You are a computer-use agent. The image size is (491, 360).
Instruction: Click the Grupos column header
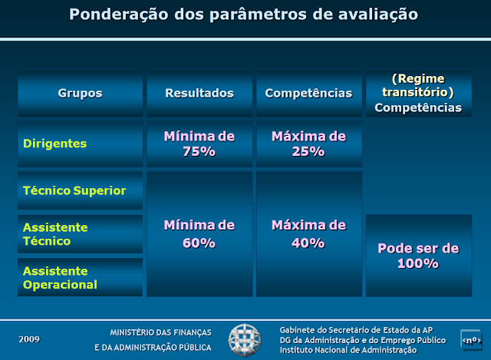point(80,94)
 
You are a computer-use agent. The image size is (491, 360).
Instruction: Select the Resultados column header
point(199,94)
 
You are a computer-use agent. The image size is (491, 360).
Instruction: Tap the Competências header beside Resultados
point(308,94)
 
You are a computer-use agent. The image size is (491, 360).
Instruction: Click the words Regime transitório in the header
point(418,85)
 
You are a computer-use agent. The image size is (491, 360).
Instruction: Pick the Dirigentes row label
point(55,144)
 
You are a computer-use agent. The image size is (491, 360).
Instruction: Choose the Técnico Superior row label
point(74,190)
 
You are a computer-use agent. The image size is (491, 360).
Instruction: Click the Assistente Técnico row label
point(55,234)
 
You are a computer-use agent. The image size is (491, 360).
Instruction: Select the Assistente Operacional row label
point(60,278)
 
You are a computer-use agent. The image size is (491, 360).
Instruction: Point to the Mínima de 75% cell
point(199,144)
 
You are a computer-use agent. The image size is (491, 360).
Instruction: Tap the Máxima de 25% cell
point(308,144)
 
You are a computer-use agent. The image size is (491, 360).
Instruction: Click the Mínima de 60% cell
point(199,234)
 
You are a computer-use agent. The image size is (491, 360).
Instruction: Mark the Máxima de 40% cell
point(308,234)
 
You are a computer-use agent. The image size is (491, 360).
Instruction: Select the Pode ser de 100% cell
point(418,256)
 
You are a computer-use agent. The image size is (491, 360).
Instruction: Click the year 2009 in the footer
point(30,339)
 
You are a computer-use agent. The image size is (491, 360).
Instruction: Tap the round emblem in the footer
point(245,339)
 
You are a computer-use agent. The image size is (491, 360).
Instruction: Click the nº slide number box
point(470,339)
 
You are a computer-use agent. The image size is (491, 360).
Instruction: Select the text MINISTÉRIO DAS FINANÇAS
point(160,332)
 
